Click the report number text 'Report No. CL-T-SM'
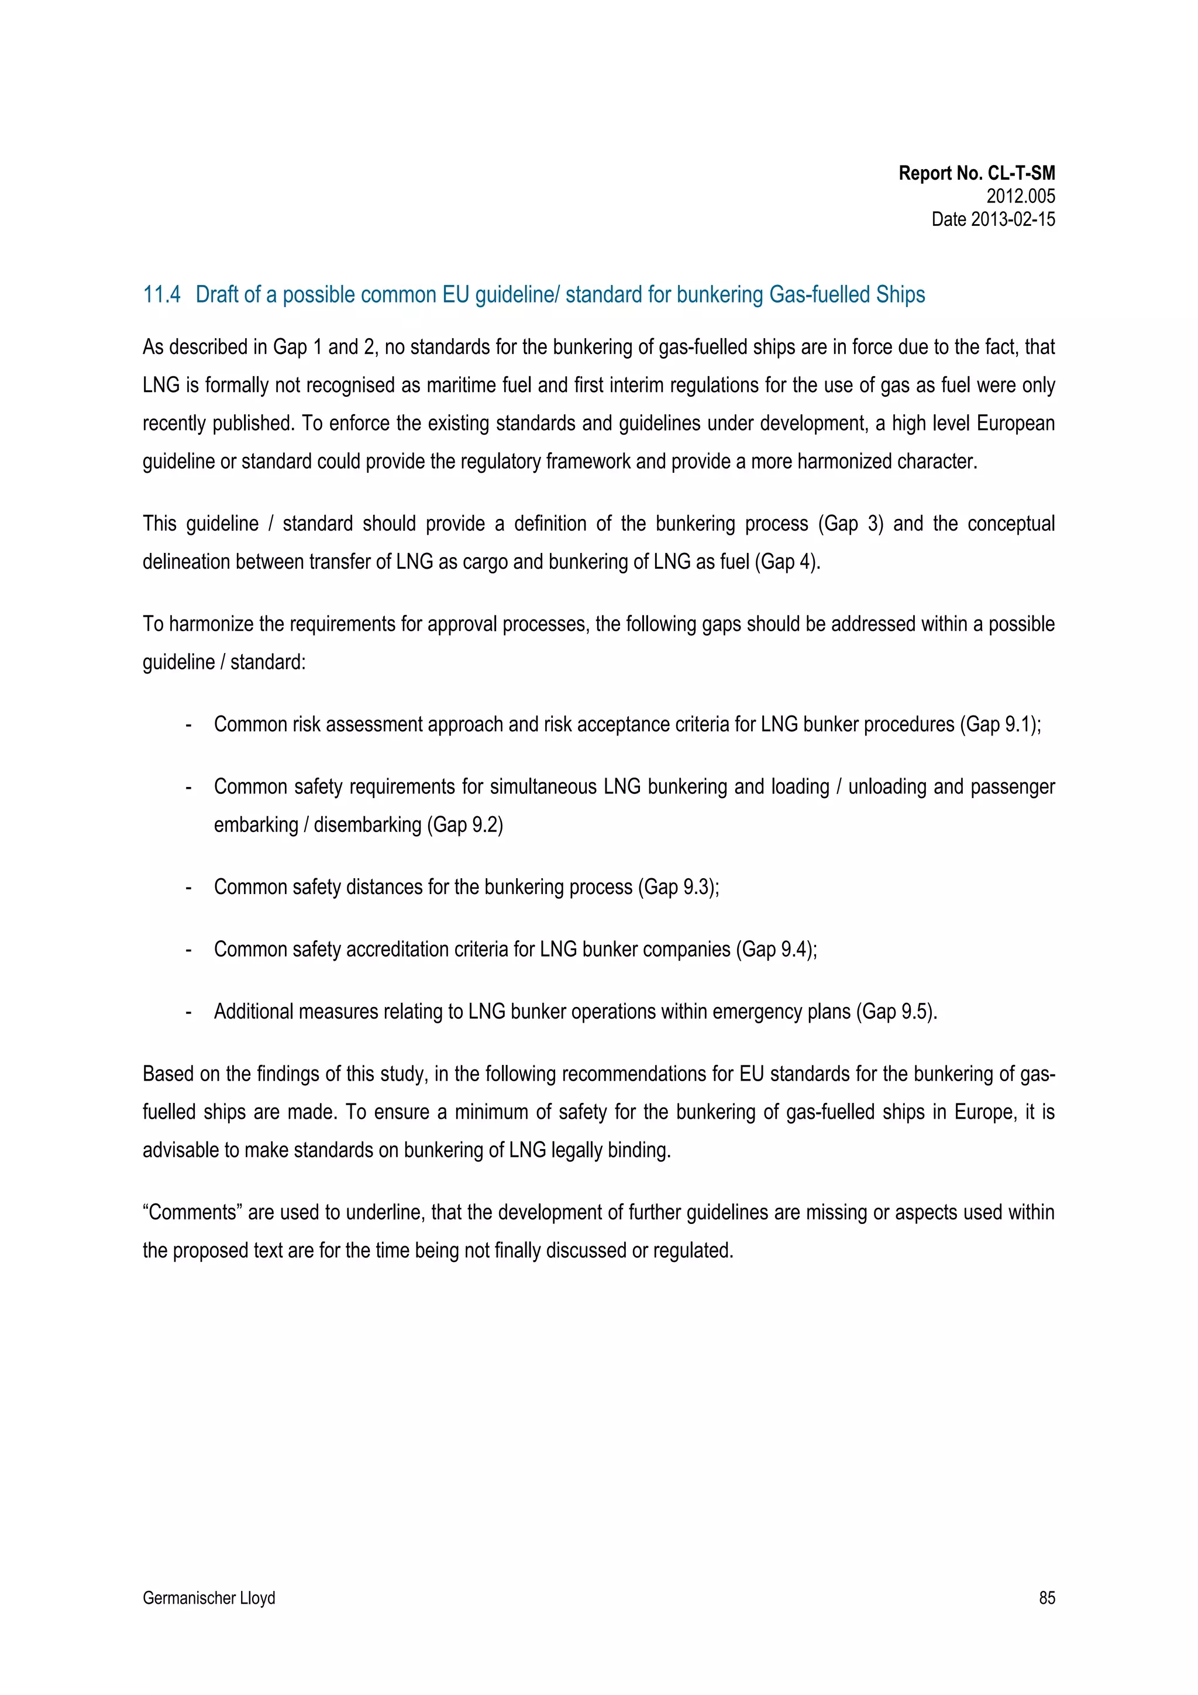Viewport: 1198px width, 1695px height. point(976,174)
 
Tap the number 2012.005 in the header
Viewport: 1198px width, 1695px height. point(1020,197)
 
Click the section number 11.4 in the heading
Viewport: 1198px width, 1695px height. point(161,294)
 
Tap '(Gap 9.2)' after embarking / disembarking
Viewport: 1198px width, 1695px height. point(465,824)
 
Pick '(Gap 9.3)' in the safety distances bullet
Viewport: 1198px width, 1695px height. point(677,886)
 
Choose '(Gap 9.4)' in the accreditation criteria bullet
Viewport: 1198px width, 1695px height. point(776,948)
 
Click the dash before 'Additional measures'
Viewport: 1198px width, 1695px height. point(189,1012)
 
